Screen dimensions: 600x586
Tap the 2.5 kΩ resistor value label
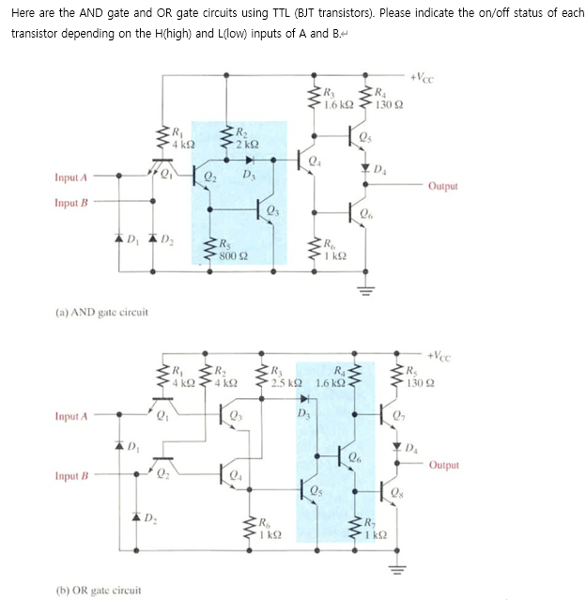(285, 382)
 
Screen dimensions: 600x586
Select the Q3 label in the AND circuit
(273, 208)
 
